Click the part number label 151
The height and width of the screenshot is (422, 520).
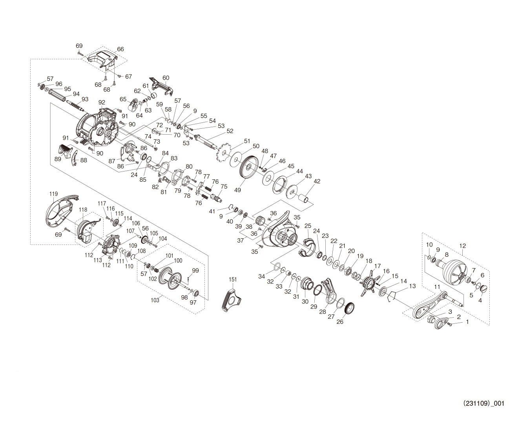(x=233, y=279)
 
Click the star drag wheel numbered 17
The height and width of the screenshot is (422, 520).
(x=368, y=281)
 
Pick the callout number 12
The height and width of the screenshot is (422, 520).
(x=463, y=246)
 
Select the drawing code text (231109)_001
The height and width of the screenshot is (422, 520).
(x=484, y=403)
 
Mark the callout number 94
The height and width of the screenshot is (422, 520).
(x=76, y=94)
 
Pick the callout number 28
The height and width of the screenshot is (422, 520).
(x=323, y=312)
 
